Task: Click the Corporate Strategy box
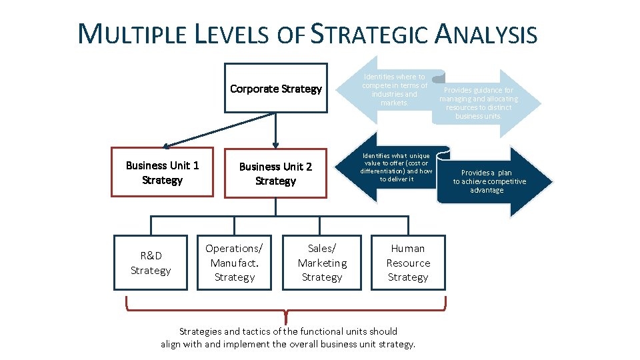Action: pos(275,89)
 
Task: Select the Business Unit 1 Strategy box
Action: pos(162,172)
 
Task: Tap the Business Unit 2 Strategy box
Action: pos(275,173)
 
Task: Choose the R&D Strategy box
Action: pos(151,263)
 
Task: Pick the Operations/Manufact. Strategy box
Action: pos(234,263)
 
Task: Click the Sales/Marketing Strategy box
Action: pos(322,263)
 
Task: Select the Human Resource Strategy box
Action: pos(408,263)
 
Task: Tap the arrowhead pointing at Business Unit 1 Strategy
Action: pos(167,145)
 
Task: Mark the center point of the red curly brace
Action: pos(286,313)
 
